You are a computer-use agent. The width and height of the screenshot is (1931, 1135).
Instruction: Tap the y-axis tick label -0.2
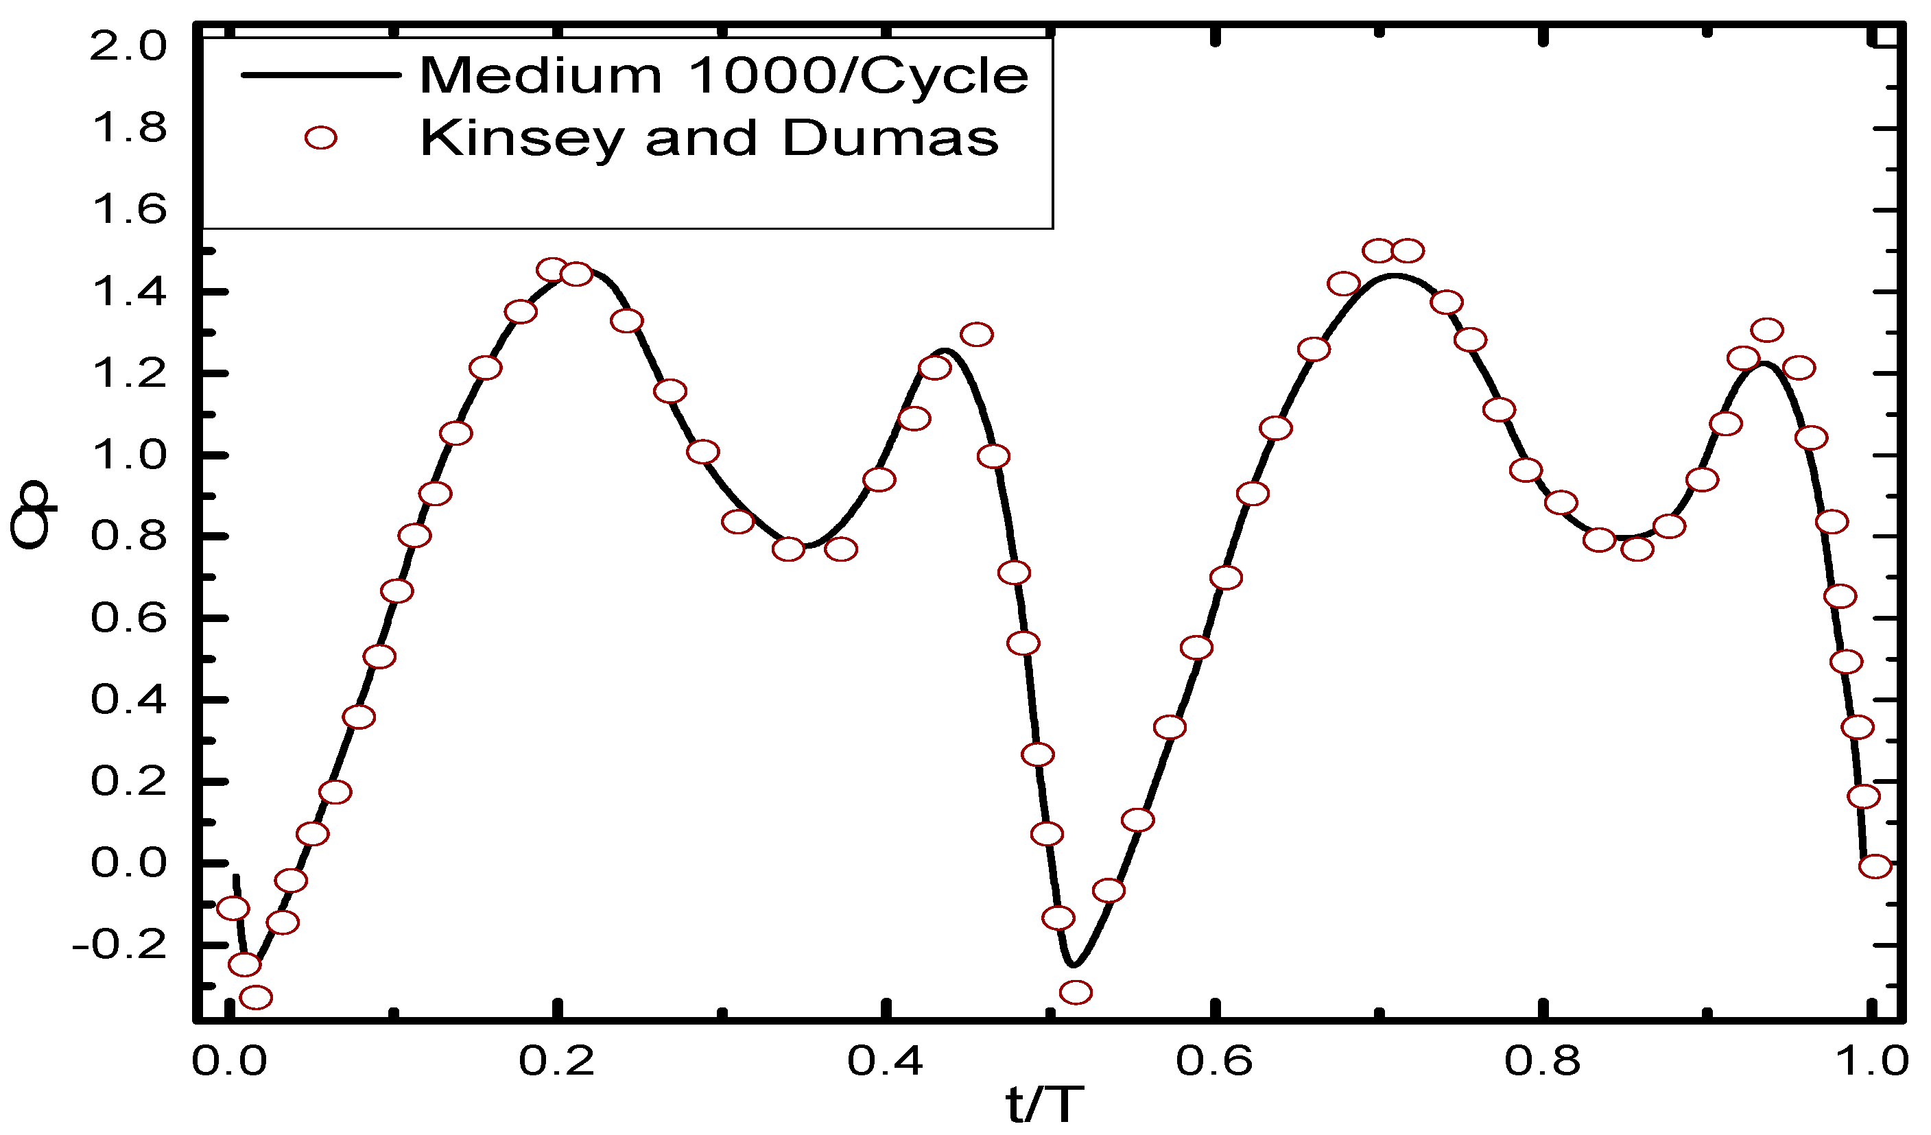click(119, 945)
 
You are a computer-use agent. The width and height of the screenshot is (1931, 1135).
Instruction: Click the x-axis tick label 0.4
click(885, 1061)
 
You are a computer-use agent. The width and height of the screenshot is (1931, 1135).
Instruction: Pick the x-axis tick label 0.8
click(1543, 1061)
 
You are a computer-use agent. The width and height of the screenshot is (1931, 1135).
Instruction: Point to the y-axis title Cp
click(31, 514)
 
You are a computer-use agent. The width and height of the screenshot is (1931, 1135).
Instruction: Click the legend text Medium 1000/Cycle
click(724, 76)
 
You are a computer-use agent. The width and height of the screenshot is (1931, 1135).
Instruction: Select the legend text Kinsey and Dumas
click(709, 139)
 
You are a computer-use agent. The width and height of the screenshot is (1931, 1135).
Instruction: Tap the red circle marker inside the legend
click(320, 138)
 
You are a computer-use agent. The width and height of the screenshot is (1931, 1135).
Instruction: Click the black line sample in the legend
click(320, 75)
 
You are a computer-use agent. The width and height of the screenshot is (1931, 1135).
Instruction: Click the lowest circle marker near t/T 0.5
click(1076, 992)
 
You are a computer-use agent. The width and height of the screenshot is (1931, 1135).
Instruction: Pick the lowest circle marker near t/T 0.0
click(256, 997)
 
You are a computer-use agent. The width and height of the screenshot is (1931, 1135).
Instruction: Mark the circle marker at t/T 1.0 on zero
click(1874, 866)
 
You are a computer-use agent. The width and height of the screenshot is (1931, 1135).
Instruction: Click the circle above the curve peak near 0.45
click(976, 335)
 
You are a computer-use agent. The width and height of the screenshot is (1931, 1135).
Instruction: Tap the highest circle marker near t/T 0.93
click(1767, 330)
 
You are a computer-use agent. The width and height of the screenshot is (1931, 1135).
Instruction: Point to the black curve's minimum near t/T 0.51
click(1073, 964)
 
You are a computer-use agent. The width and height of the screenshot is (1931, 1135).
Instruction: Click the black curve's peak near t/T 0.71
click(1395, 276)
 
